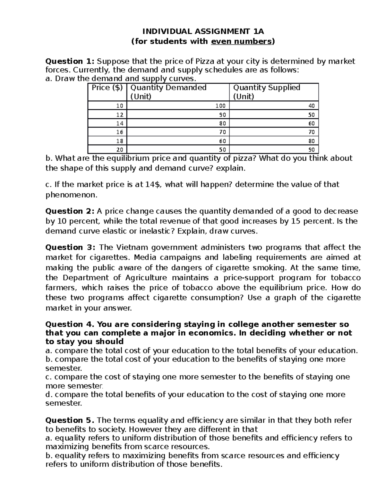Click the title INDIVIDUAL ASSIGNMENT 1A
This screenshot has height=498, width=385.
203,31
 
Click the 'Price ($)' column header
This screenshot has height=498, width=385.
107,88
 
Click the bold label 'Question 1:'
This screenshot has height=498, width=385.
70,61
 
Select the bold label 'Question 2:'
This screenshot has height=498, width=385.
70,211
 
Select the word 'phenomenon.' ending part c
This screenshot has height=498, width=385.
71,195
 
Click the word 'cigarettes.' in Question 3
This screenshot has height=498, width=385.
111,257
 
